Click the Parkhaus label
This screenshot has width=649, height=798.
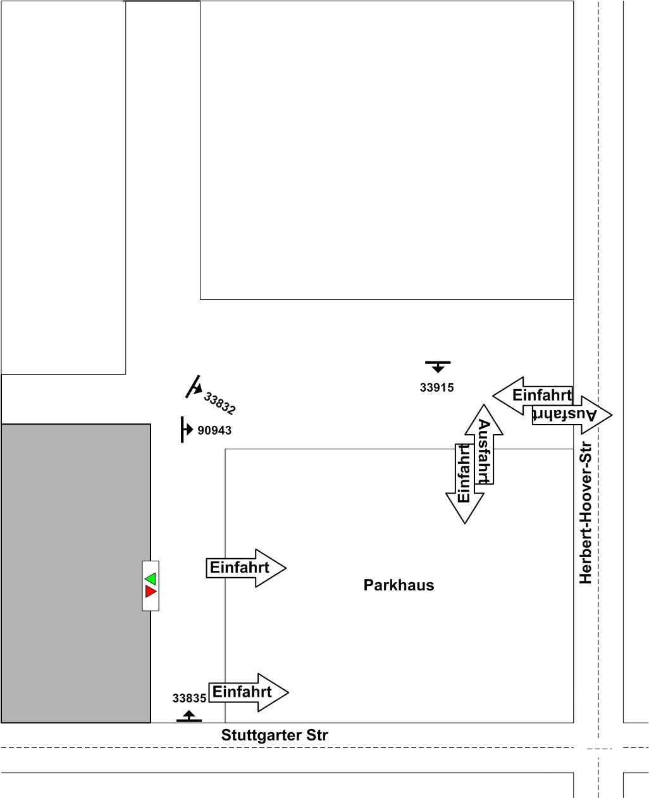click(399, 585)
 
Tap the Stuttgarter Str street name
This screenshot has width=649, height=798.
click(275, 735)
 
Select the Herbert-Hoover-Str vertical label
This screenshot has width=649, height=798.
click(586, 513)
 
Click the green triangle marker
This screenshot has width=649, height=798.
click(151, 578)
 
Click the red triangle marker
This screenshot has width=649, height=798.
click(151, 592)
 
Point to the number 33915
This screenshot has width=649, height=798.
click(436, 388)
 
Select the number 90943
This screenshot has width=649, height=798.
click(214, 431)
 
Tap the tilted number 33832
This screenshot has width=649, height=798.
click(219, 403)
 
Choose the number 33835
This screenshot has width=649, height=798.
click(189, 699)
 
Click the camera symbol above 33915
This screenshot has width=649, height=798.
click(438, 366)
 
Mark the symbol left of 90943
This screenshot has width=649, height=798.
click(185, 430)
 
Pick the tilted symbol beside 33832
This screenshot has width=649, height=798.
click(194, 387)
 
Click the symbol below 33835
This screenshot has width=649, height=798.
click(189, 716)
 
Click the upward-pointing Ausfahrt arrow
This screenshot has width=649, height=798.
click(484, 443)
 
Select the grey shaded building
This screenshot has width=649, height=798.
click(75, 573)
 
